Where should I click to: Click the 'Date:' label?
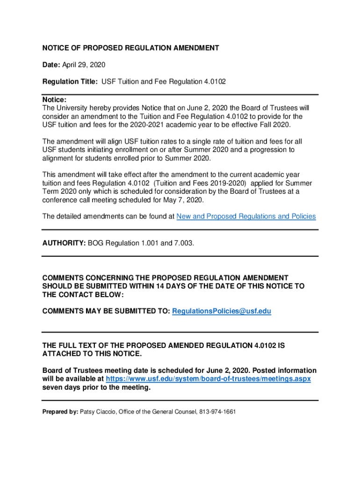coord(51,65)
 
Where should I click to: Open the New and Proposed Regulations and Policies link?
coord(246,216)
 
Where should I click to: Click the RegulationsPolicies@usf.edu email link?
coord(222,311)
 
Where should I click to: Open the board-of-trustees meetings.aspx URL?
coord(209,378)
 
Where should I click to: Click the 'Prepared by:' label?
coord(60,412)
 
